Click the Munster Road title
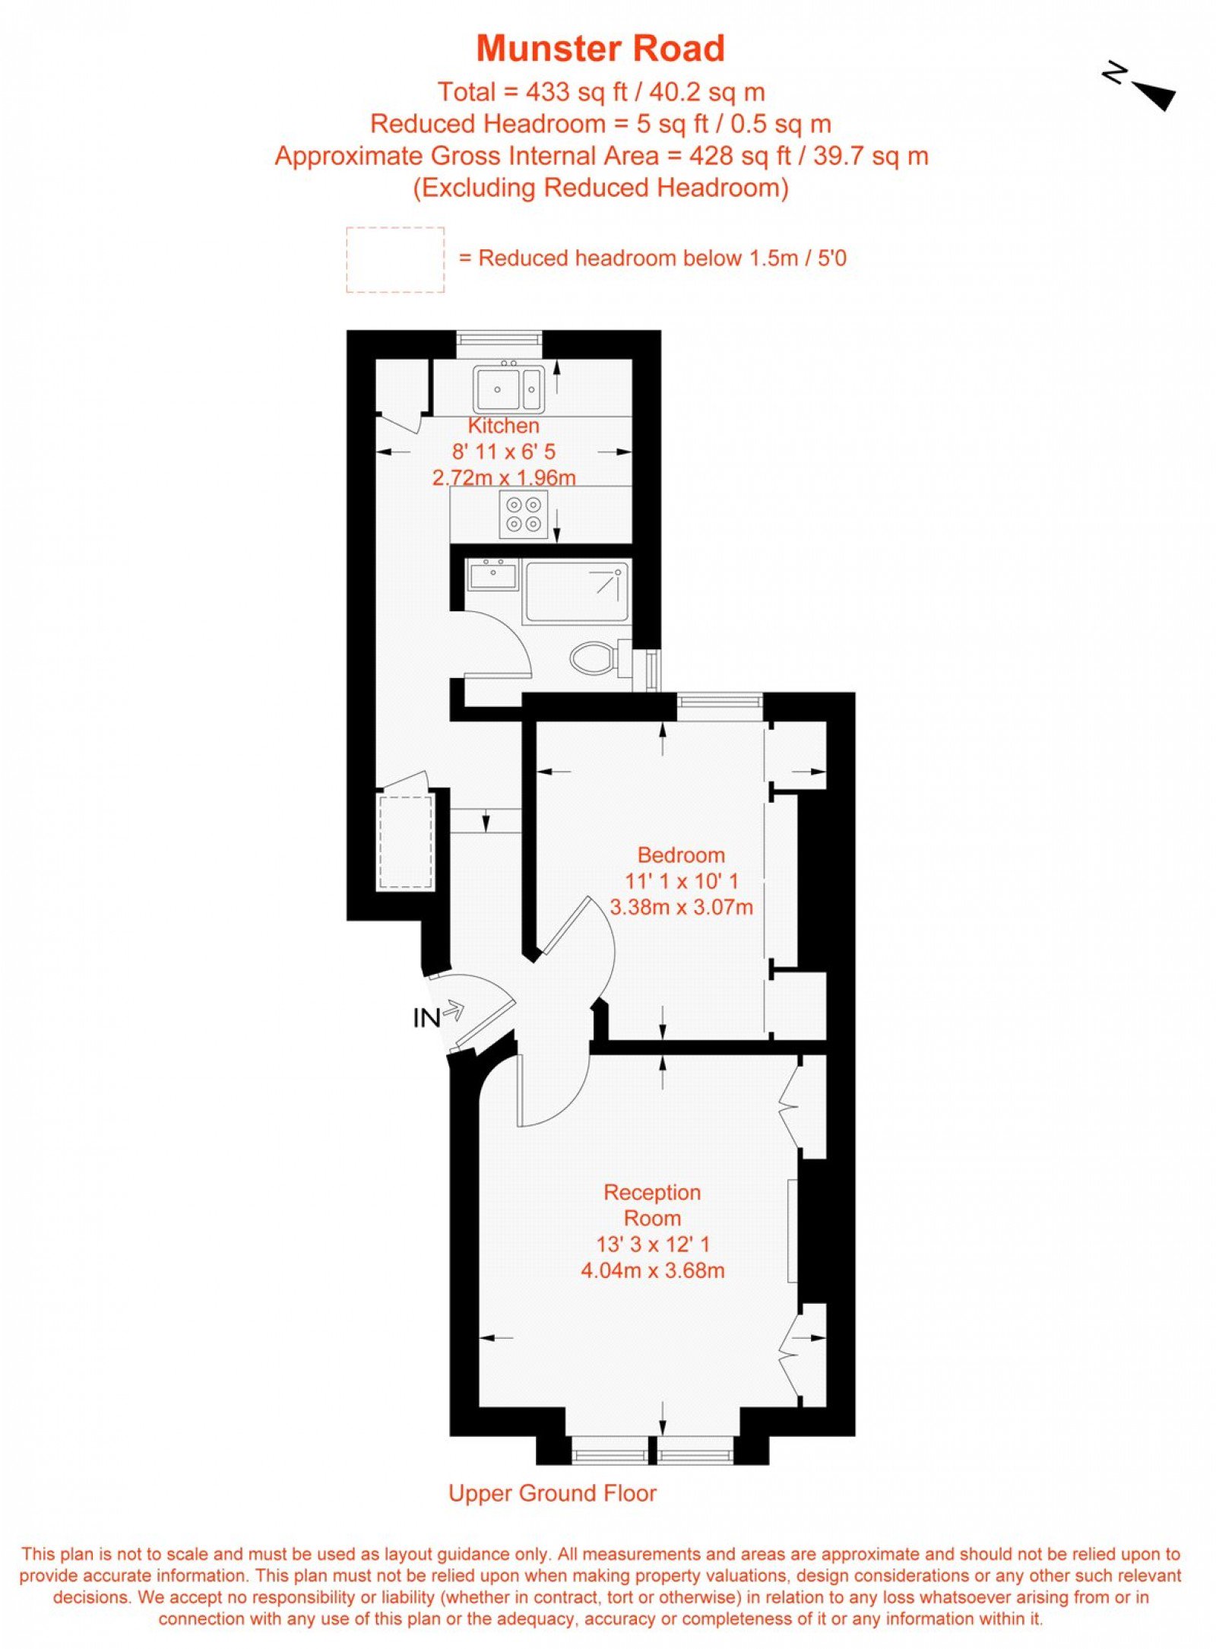600,49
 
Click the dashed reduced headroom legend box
395,259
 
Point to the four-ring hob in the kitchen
524,514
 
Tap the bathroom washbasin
492,574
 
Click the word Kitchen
504,426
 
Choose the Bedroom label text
681,855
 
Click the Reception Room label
652,1205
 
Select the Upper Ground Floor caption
553,1493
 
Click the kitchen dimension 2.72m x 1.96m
504,477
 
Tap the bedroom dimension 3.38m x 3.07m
682,907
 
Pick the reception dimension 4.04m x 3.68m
652,1270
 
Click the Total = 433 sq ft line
601,92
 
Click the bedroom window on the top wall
720,706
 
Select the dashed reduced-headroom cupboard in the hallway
405,842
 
